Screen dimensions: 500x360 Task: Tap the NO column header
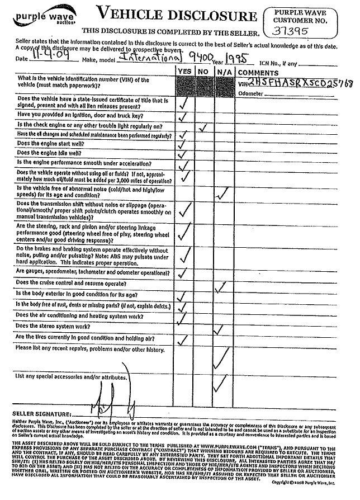coord(203,72)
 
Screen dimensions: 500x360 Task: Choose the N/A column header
coord(223,72)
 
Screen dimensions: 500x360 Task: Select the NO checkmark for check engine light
coord(203,127)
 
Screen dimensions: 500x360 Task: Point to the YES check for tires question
coord(182,338)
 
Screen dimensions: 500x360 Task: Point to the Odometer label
coord(250,93)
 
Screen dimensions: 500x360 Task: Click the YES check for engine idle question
coord(182,153)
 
